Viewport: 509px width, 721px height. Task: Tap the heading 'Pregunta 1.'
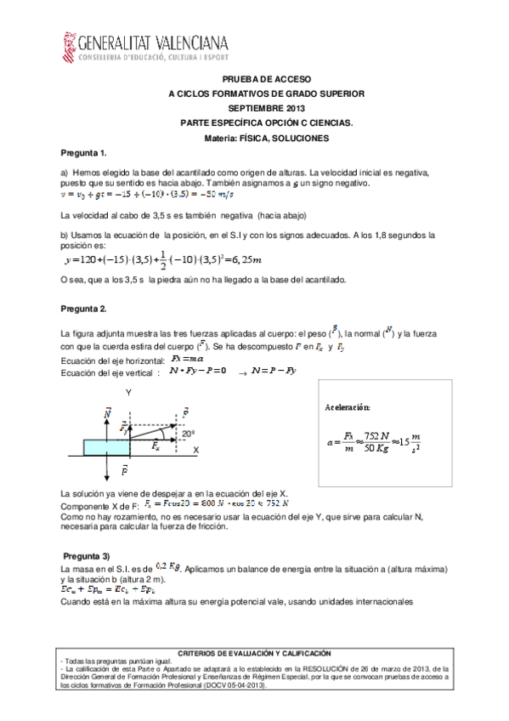click(x=83, y=153)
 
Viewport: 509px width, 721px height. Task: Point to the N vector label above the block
click(x=107, y=412)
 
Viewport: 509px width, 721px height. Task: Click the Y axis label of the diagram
click(x=127, y=393)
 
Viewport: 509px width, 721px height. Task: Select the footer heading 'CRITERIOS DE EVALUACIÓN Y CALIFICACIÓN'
click(x=254, y=652)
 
